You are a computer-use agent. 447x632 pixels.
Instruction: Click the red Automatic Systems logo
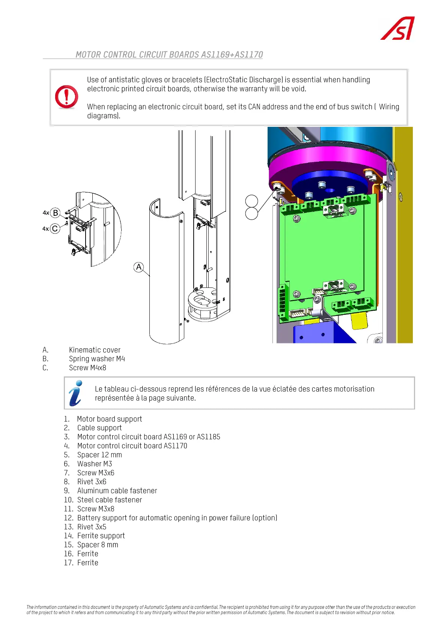tap(398, 29)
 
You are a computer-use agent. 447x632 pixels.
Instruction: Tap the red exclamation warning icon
tap(66, 97)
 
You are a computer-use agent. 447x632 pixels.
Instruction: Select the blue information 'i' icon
tap(76, 393)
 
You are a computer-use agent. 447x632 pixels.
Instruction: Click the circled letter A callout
tap(139, 267)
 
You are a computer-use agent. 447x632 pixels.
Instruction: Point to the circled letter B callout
tap(55, 213)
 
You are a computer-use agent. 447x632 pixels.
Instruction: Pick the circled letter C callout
tap(55, 229)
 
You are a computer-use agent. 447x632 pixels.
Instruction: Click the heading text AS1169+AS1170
tap(232, 55)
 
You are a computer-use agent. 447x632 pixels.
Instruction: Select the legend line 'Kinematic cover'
tap(95, 350)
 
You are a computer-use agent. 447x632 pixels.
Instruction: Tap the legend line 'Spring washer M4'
tap(97, 359)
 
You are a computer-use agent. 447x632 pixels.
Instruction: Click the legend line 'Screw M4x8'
tap(87, 368)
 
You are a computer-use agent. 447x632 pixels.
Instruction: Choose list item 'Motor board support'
tap(110, 419)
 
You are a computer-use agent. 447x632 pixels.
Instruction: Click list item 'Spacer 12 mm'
tap(99, 455)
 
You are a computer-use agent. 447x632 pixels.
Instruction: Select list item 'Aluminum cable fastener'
tap(117, 491)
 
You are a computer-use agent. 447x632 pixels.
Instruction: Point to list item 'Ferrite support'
tap(101, 536)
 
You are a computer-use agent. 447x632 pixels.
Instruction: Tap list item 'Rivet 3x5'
tap(92, 527)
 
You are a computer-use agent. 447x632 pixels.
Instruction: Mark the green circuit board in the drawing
tap(325, 251)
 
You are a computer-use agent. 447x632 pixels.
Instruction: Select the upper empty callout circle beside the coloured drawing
tap(251, 201)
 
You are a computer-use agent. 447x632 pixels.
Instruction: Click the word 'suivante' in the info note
tap(182, 398)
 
